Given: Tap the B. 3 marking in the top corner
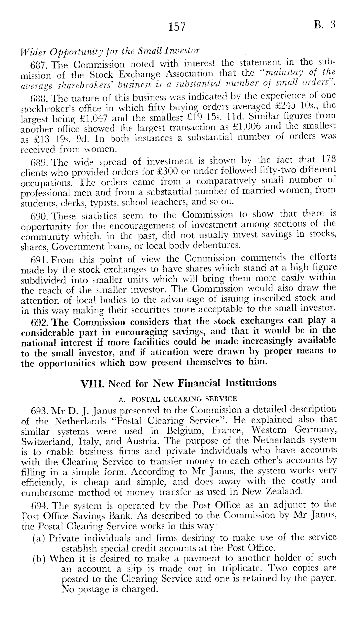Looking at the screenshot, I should click(x=324, y=25).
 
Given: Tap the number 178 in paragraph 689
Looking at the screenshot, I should click(x=329, y=160).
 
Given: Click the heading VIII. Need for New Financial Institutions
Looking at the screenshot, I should click(x=178, y=383).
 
